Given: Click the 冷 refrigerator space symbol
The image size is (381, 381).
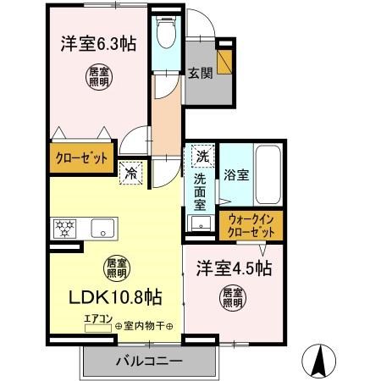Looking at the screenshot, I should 131,172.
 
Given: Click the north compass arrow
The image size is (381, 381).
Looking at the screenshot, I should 322,362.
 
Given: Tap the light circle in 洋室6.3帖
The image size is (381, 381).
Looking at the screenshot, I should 97,78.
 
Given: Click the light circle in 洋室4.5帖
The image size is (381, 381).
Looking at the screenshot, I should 233,297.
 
